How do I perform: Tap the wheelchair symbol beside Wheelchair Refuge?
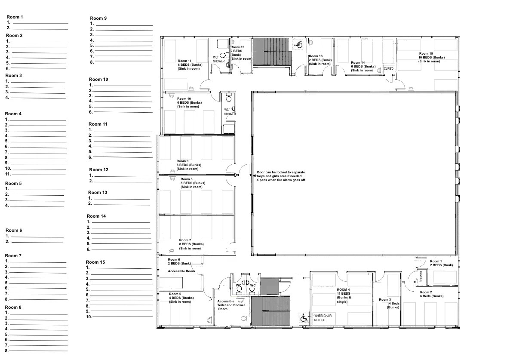pyautogui.click(x=304, y=318)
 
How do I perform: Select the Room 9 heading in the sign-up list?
pyautogui.click(x=98, y=18)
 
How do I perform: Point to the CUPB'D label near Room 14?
pyautogui.click(x=389, y=69)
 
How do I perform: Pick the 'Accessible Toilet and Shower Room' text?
pyautogui.click(x=231, y=305)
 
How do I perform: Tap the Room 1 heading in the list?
pyautogui.click(x=15, y=17)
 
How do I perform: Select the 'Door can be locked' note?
pyautogui.click(x=281, y=176)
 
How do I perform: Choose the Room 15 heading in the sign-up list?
pyautogui.click(x=95, y=262)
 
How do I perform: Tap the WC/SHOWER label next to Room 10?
pyautogui.click(x=230, y=112)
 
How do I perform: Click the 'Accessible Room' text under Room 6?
pyautogui.click(x=181, y=271)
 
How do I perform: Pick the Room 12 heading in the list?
pyautogui.click(x=98, y=170)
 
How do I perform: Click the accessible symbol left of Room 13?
pyautogui.click(x=298, y=45)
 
